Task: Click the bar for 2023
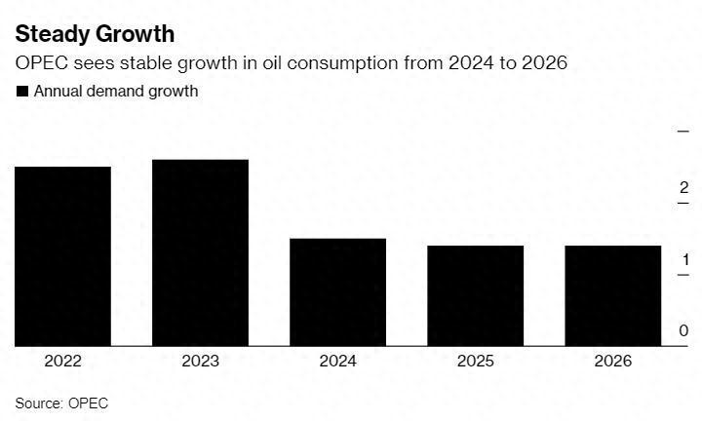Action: (x=201, y=252)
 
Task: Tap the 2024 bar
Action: (x=338, y=292)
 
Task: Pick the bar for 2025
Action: (x=476, y=295)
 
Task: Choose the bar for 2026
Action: (x=613, y=295)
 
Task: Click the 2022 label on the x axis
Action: (x=63, y=362)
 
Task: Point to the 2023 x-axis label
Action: (x=201, y=362)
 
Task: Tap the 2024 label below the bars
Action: (x=338, y=362)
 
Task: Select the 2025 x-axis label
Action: (x=476, y=362)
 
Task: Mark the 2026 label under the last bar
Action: (x=613, y=362)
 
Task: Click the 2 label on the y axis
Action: (x=684, y=188)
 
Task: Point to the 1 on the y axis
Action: (x=684, y=260)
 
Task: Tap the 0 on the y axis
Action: (x=684, y=331)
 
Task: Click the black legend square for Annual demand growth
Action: (x=22, y=92)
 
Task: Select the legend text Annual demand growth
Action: (x=116, y=92)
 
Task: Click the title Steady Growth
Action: (x=96, y=34)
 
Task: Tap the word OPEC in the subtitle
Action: (x=41, y=64)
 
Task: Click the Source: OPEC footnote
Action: (x=61, y=403)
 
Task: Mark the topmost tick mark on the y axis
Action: (x=683, y=130)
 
